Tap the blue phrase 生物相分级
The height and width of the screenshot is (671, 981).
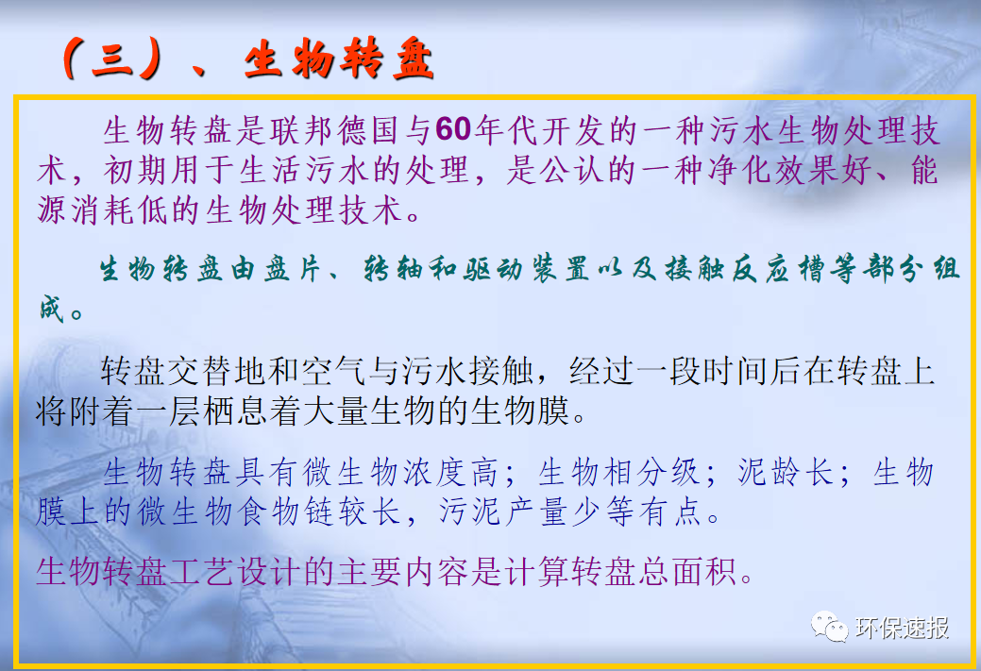pos(619,472)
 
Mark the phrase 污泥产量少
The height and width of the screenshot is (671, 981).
pos(518,512)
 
